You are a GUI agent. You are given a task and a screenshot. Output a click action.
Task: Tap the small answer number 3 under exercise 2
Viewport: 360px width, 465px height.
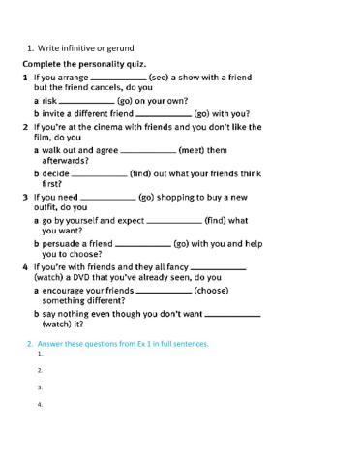pyautogui.click(x=40, y=387)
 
